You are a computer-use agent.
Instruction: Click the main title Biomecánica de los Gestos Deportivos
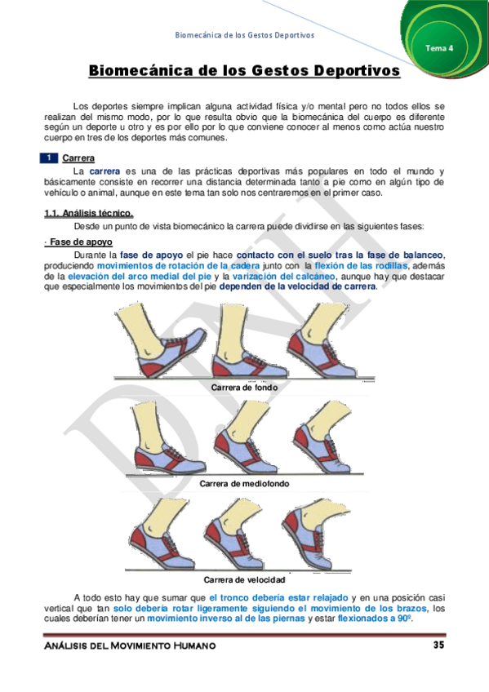[244, 71]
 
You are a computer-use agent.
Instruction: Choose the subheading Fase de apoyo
[81, 242]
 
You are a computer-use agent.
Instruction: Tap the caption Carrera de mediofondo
[244, 483]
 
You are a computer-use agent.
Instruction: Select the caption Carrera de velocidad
[244, 579]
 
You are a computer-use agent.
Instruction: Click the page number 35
[438, 645]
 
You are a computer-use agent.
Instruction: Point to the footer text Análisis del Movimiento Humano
[131, 646]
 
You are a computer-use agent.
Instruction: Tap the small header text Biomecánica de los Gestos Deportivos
[244, 35]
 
